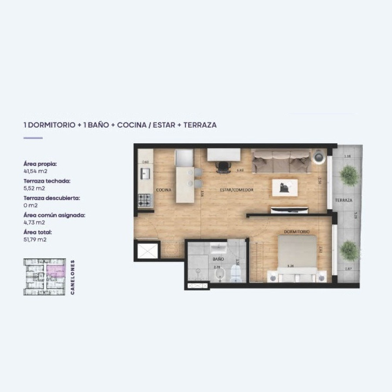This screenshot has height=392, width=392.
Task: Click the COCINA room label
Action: pos(164,190)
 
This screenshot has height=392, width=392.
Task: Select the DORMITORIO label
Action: pos(297,232)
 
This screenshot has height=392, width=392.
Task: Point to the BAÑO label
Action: pos(218,259)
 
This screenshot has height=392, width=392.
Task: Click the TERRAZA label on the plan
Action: pos(343,200)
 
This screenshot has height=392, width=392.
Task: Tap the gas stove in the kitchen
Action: pos(145,200)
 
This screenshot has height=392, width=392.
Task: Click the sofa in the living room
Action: pos(281,161)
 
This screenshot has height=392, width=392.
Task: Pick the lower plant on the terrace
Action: pos(349,250)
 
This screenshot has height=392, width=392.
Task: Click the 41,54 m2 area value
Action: pos(36,171)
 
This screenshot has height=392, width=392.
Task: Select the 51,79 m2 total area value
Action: pos(36,240)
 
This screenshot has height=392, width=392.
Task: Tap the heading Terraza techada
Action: pos(47,180)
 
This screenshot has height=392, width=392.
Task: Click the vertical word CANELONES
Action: pos(72,277)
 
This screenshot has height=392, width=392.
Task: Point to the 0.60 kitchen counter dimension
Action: pos(145,162)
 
